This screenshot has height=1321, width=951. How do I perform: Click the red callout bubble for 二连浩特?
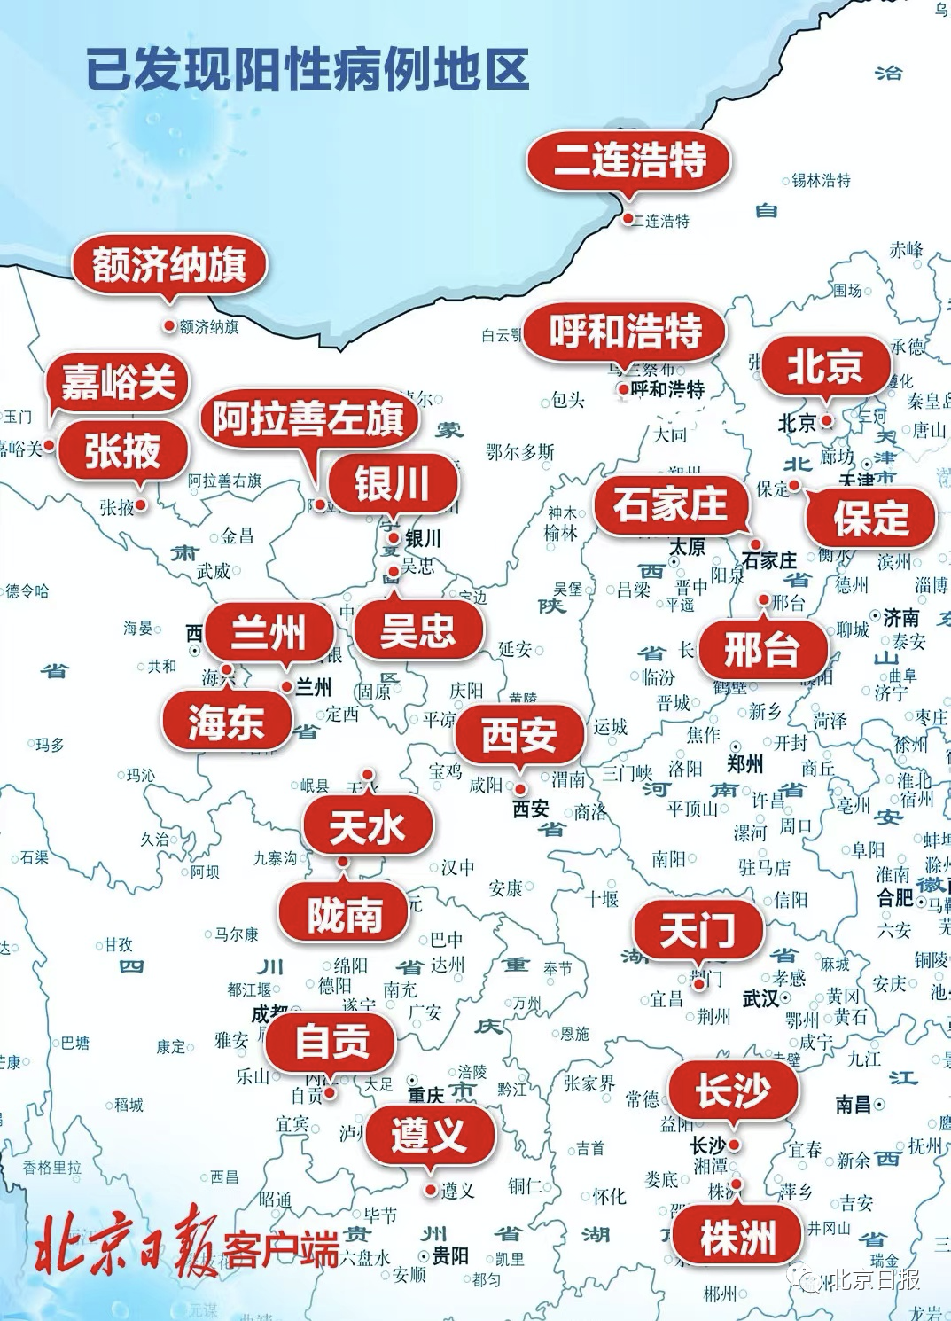(x=629, y=161)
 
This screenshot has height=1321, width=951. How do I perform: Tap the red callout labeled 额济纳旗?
(x=168, y=264)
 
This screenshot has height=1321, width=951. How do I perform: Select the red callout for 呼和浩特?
(x=625, y=332)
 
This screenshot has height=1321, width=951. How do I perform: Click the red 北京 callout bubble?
(x=825, y=365)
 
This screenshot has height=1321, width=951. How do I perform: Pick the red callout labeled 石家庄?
(x=670, y=505)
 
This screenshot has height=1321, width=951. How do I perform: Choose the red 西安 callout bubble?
(x=519, y=735)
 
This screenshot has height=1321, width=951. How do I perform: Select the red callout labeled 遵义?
(x=429, y=1134)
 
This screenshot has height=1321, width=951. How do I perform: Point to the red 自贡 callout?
(x=331, y=1041)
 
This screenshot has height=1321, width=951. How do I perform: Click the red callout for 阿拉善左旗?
(x=308, y=418)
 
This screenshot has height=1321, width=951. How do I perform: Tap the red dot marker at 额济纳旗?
(x=168, y=326)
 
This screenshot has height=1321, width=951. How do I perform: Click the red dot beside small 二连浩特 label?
(x=628, y=219)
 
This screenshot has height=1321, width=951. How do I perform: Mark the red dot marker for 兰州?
(x=287, y=686)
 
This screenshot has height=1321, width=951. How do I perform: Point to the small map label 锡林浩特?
(x=821, y=181)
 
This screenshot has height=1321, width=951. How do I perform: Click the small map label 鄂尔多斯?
(x=520, y=452)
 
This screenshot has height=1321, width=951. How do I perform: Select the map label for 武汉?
(x=760, y=999)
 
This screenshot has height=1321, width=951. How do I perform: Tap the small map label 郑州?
(x=744, y=763)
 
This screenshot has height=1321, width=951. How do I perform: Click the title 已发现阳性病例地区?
(x=308, y=70)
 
